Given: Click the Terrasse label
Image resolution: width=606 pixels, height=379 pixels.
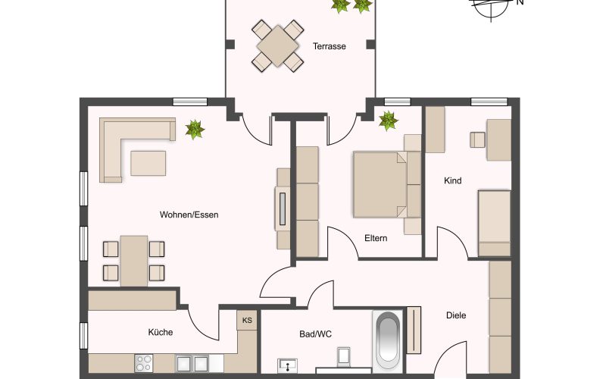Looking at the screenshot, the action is point(330,46).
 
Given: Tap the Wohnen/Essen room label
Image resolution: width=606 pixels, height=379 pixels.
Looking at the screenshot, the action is point(189,215).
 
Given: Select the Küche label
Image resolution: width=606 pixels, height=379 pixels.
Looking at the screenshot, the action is point(161,332).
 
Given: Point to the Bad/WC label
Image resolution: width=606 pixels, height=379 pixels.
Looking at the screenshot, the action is point(315,334).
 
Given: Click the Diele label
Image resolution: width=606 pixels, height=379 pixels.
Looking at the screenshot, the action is point(456,315).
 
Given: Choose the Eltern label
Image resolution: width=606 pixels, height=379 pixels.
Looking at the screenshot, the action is point(376,238).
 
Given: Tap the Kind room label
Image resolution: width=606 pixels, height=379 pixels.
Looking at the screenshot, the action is point(452,180).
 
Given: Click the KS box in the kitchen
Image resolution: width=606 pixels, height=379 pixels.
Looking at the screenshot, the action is point(247,320).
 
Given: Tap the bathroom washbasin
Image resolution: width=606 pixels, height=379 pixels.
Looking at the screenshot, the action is point(287,365).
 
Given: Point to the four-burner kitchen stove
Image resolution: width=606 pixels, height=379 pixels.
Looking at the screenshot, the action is point(144,363).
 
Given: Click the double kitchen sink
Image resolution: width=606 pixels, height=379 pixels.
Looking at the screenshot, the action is point(192,364).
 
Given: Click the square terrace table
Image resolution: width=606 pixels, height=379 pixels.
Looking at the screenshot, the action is point(277,46).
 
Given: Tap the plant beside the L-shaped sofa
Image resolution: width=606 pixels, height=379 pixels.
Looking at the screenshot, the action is point(195,129).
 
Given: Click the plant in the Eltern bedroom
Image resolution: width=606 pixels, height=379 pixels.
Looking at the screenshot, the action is point(388,121).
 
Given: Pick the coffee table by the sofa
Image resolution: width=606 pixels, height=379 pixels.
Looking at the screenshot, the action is point(148,163).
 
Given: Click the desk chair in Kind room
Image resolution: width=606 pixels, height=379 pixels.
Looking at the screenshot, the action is point(478,140).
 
